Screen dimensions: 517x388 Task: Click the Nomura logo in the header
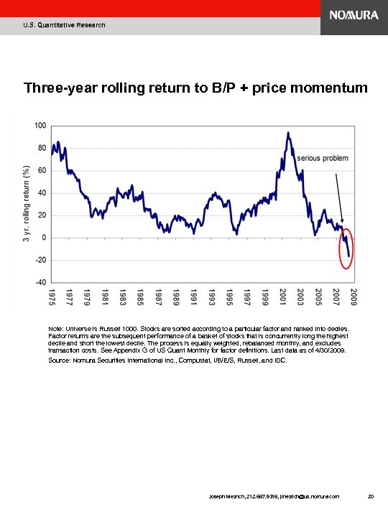pyautogui.click(x=354, y=16)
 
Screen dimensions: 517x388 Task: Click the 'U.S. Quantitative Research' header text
pyautogui.click(x=64, y=25)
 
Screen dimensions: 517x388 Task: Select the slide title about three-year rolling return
pyautogui.click(x=195, y=88)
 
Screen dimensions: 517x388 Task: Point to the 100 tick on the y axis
pyautogui.click(x=40, y=126)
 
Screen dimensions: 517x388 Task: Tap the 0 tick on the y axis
pyautogui.click(x=44, y=238)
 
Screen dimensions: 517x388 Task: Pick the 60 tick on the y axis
pyautogui.click(x=42, y=171)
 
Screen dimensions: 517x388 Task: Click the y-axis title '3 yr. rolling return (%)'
pyautogui.click(x=26, y=203)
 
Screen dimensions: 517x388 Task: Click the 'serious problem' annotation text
pyautogui.click(x=323, y=158)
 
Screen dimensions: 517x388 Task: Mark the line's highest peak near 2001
pyautogui.click(x=288, y=133)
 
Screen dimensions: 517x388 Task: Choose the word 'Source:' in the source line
pyautogui.click(x=60, y=361)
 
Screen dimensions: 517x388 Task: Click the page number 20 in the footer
pyautogui.click(x=370, y=495)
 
